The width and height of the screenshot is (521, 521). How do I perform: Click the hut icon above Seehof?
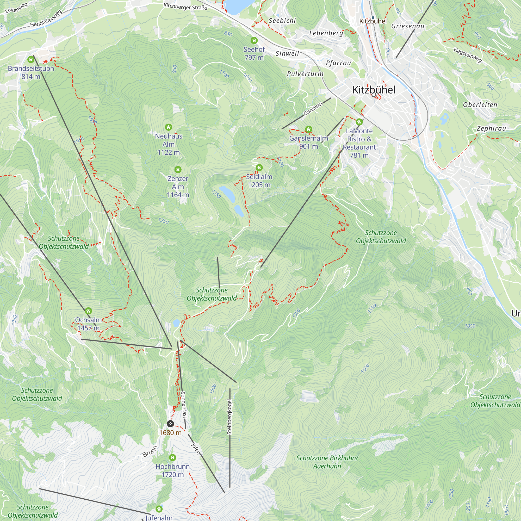click(x=254, y=41)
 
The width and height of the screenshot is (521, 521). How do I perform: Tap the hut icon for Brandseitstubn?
click(x=31, y=60)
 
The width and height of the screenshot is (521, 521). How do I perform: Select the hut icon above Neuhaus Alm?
click(x=169, y=127)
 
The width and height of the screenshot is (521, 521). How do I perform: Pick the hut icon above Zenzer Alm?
click(x=178, y=170)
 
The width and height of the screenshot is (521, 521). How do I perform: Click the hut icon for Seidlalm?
click(x=259, y=168)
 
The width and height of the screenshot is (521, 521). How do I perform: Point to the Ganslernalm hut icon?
click(x=308, y=129)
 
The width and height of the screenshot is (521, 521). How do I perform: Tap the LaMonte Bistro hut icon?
click(x=359, y=122)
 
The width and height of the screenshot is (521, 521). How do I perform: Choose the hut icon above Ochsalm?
click(x=89, y=311)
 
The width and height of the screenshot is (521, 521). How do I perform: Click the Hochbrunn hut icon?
click(x=173, y=458)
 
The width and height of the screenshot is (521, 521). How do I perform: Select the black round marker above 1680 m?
click(x=170, y=424)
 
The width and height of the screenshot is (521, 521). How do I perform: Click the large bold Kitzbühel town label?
click(x=374, y=90)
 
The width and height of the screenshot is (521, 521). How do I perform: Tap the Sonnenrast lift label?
click(x=184, y=405)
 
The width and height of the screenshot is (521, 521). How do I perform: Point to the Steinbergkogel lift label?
click(x=230, y=417)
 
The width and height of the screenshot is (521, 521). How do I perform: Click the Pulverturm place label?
click(x=305, y=74)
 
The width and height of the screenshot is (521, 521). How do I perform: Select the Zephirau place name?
click(x=491, y=128)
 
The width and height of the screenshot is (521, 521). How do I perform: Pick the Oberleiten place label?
click(x=480, y=105)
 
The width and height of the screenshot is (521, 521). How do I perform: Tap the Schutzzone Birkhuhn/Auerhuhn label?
click(x=327, y=462)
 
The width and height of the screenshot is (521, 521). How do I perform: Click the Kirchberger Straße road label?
click(x=185, y=7)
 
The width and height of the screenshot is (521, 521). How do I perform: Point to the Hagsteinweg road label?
click(x=468, y=55)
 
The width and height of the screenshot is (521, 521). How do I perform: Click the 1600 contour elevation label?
click(x=365, y=368)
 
